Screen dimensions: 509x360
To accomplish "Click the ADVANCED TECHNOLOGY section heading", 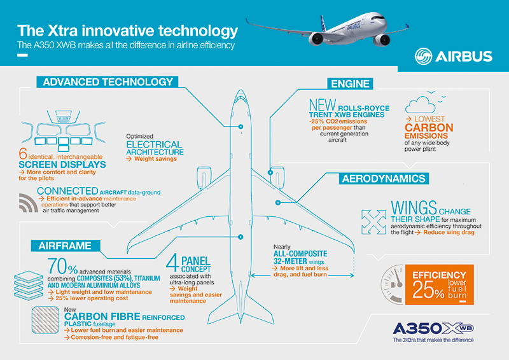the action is pos(108,82).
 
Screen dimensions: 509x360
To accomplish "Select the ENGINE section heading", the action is pos(351,84).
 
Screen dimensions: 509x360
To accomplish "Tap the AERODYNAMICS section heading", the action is pos(384,179).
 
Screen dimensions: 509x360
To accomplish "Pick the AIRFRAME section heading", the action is pos(66,246).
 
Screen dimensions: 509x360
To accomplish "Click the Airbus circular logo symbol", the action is pos(423,56).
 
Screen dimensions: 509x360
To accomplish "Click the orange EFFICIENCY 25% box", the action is pos(440,285).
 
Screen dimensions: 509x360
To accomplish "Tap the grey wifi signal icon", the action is pos(29,203).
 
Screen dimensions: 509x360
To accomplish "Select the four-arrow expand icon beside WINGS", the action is pos(373,222).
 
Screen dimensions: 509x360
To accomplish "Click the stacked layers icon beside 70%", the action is pos(29,286).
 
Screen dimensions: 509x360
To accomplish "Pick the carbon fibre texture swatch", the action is pos(45,320).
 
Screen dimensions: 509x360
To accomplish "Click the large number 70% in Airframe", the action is pos(62,267).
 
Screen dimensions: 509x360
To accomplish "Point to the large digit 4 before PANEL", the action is pos(172,263).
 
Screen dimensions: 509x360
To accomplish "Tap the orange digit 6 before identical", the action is pos(23,153).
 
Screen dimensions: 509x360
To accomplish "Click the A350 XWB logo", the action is pos(433,328).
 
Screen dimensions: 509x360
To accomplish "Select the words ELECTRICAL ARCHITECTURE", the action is pos(155,148).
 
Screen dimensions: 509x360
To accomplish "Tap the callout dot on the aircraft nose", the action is pos(241,127).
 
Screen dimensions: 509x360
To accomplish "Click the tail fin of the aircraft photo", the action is pos(323,24).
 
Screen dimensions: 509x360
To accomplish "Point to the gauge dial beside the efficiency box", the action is pos(392,285).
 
